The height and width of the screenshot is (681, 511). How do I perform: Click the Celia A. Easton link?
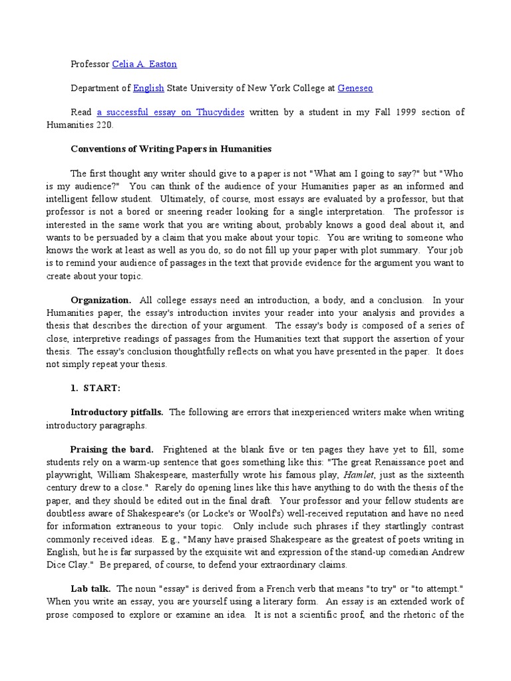coord(144,64)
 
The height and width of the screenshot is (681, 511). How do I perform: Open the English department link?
coord(148,88)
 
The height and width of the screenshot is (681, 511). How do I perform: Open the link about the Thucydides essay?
coord(170,112)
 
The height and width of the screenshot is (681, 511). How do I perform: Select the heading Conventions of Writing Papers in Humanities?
coord(171,149)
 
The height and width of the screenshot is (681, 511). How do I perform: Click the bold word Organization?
coord(101,301)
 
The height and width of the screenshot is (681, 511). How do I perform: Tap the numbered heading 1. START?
coord(96,388)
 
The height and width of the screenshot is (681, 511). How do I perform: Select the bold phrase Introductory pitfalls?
coord(118,412)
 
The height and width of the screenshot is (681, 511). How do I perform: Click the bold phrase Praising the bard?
coord(112,450)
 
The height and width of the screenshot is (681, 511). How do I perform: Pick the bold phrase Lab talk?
coord(91,589)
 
